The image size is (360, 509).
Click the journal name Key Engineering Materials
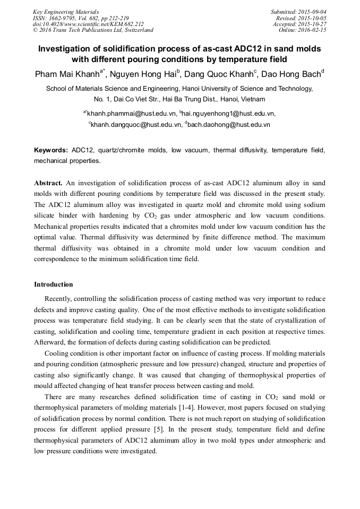66,12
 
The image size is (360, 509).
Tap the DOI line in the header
88,24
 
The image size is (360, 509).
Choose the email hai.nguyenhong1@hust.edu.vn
229,113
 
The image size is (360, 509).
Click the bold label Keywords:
51,150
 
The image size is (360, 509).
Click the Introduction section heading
54,284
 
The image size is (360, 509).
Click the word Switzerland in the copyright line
136,31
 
